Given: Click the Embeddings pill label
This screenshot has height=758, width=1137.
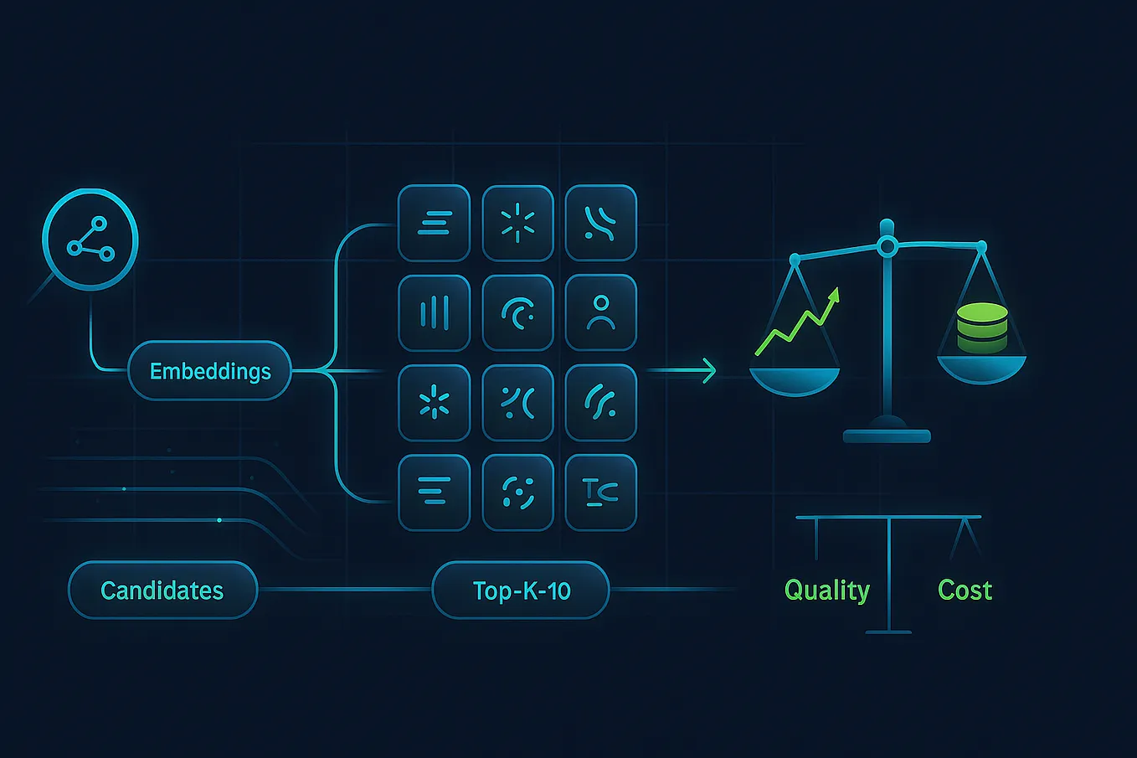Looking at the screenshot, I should (209, 371).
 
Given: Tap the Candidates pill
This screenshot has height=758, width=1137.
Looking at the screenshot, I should (162, 590).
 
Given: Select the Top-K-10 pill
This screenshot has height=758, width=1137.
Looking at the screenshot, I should (521, 590).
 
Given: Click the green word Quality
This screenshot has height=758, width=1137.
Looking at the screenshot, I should (826, 590).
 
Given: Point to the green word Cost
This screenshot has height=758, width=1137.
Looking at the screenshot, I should (965, 590).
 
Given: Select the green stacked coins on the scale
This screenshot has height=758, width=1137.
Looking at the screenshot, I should (982, 327).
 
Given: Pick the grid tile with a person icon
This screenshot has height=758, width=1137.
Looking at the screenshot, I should (600, 312).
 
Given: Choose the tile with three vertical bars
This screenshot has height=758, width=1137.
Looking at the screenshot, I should (434, 312).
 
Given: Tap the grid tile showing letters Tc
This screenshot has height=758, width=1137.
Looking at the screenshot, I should (600, 492).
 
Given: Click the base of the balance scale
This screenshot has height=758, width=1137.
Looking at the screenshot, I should (887, 435).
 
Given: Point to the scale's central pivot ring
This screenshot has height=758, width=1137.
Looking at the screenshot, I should (887, 246).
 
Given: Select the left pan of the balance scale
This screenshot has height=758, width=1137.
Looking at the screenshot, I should (794, 379).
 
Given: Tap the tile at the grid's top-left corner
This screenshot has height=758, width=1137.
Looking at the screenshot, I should (434, 223).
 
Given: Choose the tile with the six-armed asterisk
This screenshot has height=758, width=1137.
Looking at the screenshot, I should (434, 403).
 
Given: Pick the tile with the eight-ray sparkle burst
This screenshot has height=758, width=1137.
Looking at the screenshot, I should (517, 223).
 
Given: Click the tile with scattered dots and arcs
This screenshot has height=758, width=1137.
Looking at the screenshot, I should (517, 492).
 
